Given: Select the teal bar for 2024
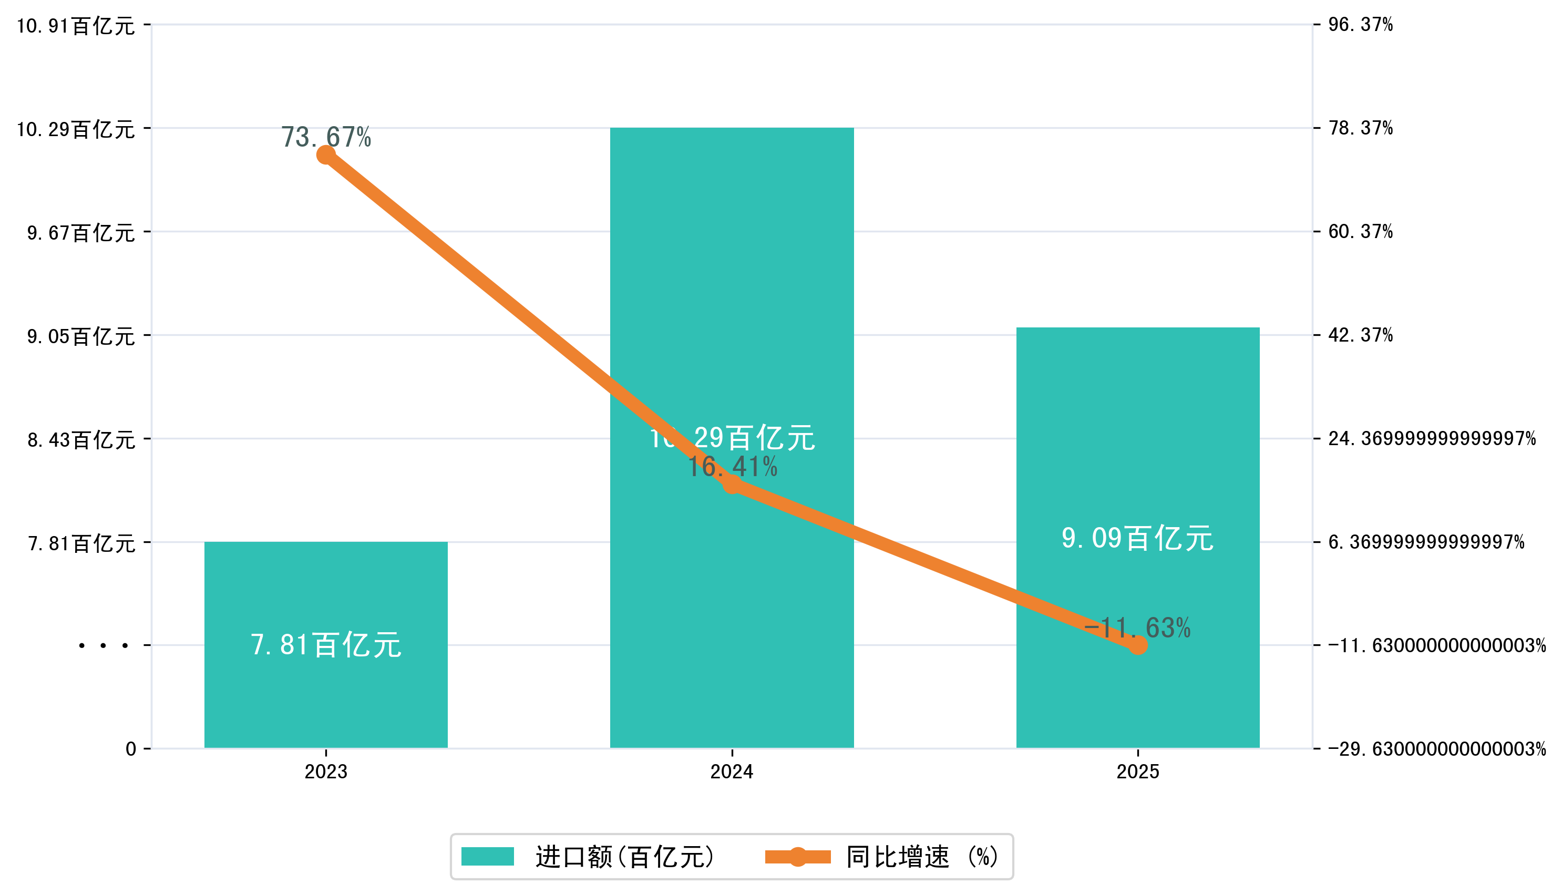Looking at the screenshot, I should pos(732,276).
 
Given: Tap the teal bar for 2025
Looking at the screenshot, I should pos(1137,430).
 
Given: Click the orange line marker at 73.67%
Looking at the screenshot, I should pos(326,155).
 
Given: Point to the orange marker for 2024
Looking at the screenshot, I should pos(732,485).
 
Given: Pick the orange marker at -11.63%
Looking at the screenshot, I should pos(1138,645).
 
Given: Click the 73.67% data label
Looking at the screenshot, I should pos(326,137).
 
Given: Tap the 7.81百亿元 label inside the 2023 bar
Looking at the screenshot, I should pos(326,645).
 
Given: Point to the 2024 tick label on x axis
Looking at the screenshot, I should pos(732,771).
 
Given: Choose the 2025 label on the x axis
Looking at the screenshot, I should pos(1138,771).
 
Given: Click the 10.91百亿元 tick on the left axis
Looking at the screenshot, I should pos(75,26).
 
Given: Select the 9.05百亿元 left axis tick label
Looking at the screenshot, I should pos(80,336).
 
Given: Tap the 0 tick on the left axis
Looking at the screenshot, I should pos(131,749).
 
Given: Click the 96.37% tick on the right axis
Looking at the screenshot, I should pos(1360,25).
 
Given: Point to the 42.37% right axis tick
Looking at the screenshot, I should pos(1360,335).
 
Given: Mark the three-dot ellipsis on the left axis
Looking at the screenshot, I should pos(103,645).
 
